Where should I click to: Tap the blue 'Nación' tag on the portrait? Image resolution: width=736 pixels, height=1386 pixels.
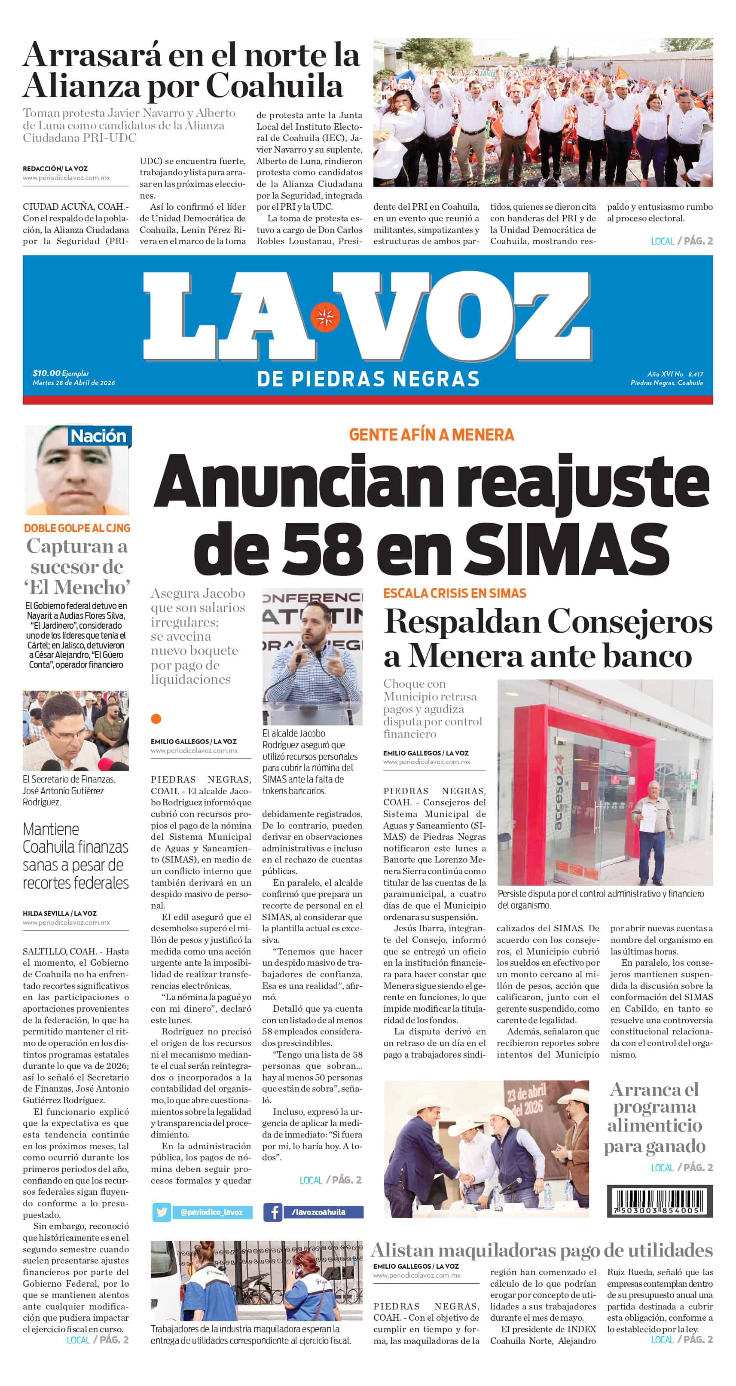99,436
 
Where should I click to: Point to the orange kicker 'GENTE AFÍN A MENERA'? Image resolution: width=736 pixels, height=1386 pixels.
431,435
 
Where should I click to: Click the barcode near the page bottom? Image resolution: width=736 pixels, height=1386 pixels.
660,1200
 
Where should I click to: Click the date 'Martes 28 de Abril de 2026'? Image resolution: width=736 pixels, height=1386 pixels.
74,382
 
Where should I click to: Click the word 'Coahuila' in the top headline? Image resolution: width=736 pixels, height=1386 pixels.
275,86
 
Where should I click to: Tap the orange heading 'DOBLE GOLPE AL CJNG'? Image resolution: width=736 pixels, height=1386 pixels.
77,528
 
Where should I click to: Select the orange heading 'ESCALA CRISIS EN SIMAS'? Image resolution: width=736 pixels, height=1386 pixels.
455,594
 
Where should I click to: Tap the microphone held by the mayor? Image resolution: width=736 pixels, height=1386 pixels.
297,658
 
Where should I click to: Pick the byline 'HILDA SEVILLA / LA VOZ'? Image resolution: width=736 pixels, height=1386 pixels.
60,913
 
